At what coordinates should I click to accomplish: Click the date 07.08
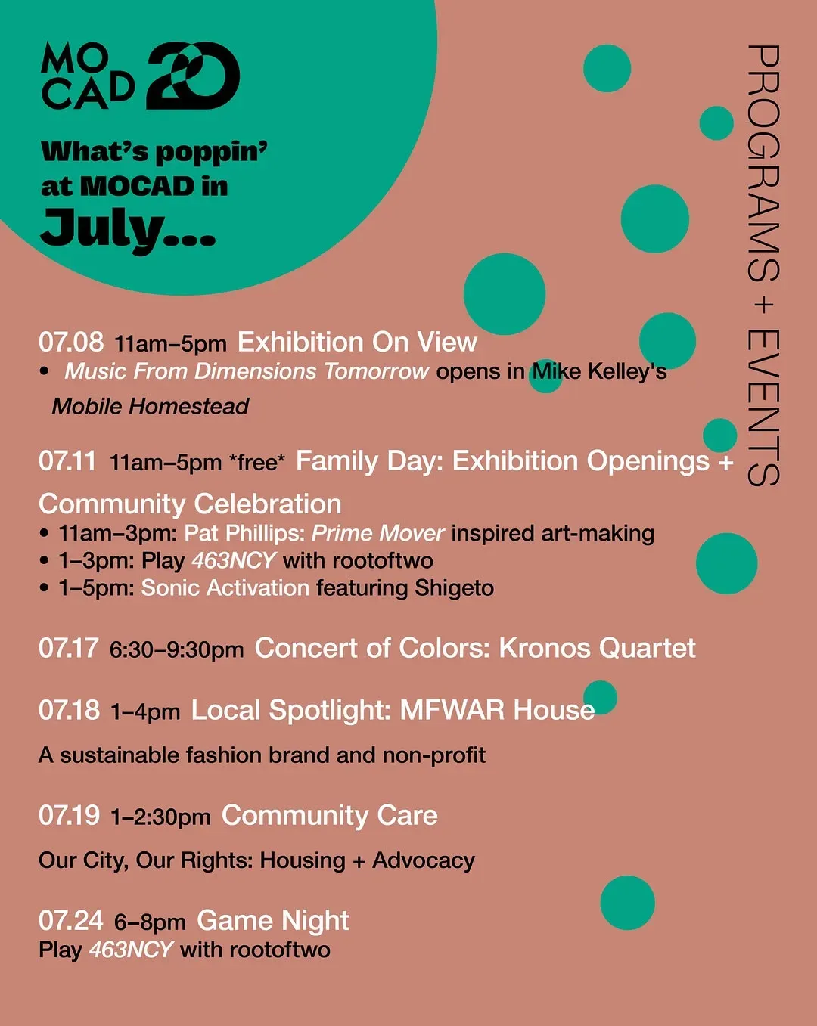click(x=71, y=342)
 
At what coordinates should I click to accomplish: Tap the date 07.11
click(x=67, y=461)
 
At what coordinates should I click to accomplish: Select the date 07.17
click(x=69, y=648)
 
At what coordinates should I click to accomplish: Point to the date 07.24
click(x=71, y=920)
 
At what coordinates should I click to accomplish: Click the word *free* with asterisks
click(x=256, y=461)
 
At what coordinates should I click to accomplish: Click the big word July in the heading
click(x=129, y=230)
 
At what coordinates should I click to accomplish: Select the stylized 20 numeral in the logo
click(x=193, y=76)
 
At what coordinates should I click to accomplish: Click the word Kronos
click(x=544, y=648)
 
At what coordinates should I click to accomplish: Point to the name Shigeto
click(x=454, y=588)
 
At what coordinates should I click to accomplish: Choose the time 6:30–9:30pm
click(x=176, y=649)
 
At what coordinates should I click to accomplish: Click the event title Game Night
click(x=273, y=921)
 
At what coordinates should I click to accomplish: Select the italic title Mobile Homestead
click(x=151, y=406)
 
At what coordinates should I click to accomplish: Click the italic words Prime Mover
click(x=377, y=533)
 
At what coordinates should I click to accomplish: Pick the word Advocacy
click(x=424, y=860)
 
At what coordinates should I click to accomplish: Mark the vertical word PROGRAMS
click(x=763, y=163)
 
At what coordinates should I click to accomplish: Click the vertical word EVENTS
click(x=763, y=408)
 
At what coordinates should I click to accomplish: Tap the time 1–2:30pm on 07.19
click(x=160, y=817)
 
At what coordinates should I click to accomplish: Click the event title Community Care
click(x=330, y=815)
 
